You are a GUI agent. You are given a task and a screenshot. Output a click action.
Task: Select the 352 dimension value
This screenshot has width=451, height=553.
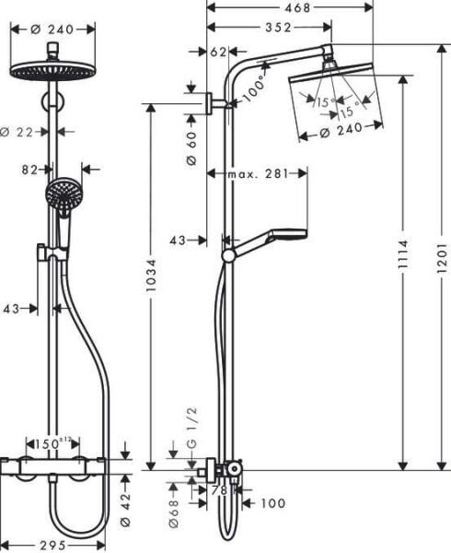[x=267, y=28]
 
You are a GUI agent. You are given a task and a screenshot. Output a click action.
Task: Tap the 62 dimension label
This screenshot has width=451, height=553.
[x=218, y=53]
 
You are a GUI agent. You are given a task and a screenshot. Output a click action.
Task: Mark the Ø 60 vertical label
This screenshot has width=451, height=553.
[x=191, y=147]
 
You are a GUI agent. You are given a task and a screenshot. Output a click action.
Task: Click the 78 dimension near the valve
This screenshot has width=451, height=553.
[x=219, y=491]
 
